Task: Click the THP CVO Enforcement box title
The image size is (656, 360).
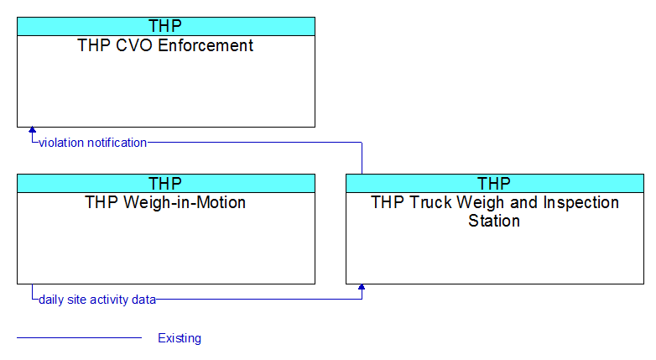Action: [x=165, y=45]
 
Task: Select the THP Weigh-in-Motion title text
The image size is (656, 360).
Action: [x=165, y=202]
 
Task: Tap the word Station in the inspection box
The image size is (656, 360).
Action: [x=494, y=221]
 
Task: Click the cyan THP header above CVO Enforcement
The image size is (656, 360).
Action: [x=165, y=26]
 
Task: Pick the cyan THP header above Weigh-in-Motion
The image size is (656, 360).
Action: [x=165, y=183]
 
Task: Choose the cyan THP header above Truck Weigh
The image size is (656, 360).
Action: [x=494, y=183]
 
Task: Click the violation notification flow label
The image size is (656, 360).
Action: [x=93, y=143]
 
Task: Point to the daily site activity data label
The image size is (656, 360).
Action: [x=97, y=300]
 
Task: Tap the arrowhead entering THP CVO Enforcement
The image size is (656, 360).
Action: [x=32, y=130]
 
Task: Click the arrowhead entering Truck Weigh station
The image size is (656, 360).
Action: [x=362, y=287]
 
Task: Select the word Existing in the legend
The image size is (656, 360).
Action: [x=180, y=338]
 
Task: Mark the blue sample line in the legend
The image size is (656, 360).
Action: [x=80, y=337]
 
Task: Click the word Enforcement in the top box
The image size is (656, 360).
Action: [x=206, y=45]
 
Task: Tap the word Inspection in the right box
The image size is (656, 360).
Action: [x=581, y=202]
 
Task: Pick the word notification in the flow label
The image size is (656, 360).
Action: [x=117, y=143]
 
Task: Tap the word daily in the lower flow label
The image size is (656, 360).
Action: [x=51, y=300]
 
